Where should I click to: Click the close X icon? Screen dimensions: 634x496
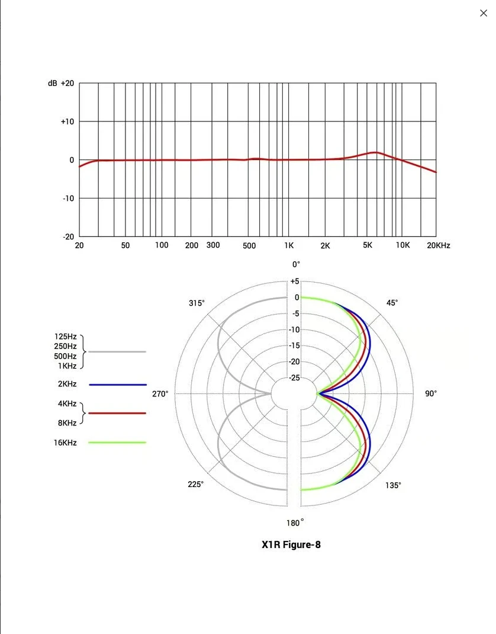tap(483, 13)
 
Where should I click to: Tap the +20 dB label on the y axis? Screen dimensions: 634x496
tap(67, 84)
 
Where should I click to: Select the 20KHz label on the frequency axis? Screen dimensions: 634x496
tap(438, 245)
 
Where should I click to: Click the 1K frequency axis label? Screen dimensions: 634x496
tap(289, 245)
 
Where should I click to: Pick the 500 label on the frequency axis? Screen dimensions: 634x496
tap(249, 245)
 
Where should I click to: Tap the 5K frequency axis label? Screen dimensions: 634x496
tap(368, 245)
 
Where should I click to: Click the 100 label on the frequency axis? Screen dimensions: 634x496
tap(162, 245)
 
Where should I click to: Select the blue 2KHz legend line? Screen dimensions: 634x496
tap(117, 385)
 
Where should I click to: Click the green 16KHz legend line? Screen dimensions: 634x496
tap(117, 443)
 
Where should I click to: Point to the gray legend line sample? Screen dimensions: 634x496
tap(117, 351)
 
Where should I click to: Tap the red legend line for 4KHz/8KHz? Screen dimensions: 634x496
tap(117, 413)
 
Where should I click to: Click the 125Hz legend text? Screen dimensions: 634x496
tap(65, 337)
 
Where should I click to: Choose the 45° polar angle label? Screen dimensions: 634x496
tap(392, 303)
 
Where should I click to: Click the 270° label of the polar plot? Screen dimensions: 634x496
tap(160, 393)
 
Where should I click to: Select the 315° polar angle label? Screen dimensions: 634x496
tap(197, 303)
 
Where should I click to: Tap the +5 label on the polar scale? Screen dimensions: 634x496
tap(294, 281)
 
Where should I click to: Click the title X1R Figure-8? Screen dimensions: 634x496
tap(291, 545)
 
